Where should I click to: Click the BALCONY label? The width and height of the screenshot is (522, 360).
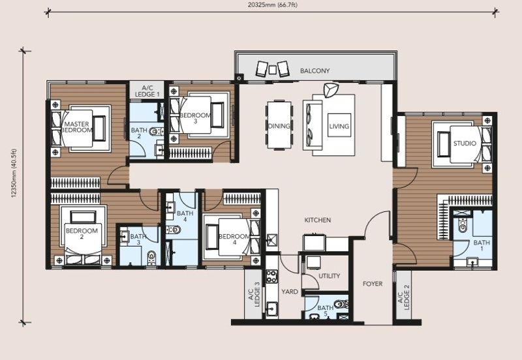(315, 71)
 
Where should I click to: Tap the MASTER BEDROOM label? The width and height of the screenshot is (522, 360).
(76, 127)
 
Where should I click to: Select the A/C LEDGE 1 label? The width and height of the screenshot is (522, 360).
(147, 91)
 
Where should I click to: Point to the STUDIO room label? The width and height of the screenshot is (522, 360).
(465, 143)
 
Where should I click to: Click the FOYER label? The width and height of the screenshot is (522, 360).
(373, 284)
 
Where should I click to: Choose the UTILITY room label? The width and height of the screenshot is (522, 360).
(330, 276)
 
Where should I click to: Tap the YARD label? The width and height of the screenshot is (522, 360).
(290, 292)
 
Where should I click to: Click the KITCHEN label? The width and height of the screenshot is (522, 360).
(318, 220)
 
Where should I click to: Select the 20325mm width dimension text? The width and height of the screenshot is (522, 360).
(272, 5)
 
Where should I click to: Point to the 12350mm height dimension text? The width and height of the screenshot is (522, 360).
(14, 173)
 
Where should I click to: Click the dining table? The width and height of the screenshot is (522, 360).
(279, 125)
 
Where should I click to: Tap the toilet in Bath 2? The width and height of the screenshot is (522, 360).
(155, 132)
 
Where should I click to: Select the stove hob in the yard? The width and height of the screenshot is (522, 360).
(271, 276)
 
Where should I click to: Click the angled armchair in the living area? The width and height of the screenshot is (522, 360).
(331, 90)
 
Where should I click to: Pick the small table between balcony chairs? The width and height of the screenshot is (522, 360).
(273, 70)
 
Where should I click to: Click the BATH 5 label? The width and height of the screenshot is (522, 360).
(325, 310)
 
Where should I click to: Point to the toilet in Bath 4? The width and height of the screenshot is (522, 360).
(173, 230)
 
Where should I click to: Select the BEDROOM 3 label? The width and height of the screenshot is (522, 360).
(195, 118)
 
